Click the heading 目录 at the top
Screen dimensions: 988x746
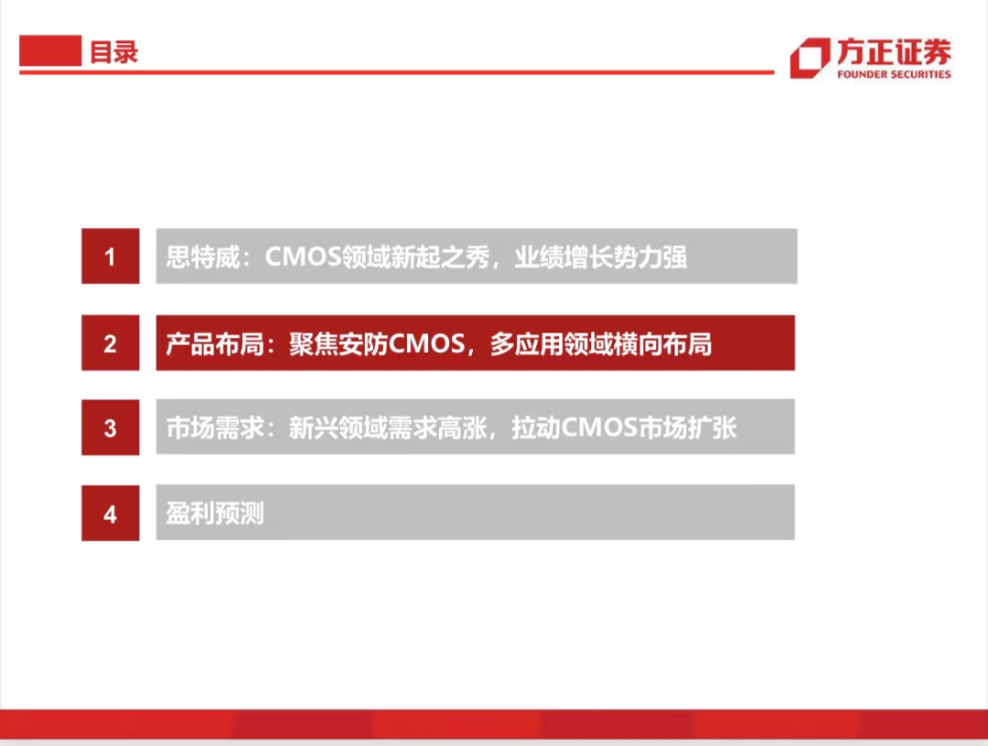114,52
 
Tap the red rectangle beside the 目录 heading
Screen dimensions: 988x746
50,50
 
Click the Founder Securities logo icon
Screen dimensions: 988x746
810,58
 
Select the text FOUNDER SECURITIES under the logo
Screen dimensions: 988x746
894,74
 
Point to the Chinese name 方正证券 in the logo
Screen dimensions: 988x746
894,51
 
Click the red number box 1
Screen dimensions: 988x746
111,256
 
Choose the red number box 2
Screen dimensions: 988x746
111,343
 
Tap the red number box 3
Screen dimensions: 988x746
111,427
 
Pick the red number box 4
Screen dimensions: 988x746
111,514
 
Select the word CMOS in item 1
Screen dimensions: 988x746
303,256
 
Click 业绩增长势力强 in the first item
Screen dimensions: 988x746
600,257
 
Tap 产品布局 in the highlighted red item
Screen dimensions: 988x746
215,344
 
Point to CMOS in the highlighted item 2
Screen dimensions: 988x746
426,343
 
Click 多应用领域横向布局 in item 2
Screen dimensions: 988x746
600,344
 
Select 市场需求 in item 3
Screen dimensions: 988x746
215,428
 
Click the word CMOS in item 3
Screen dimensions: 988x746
598,427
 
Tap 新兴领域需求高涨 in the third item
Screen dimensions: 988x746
388,428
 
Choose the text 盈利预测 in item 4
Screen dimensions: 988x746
215,514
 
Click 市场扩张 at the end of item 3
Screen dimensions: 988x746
687,428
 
